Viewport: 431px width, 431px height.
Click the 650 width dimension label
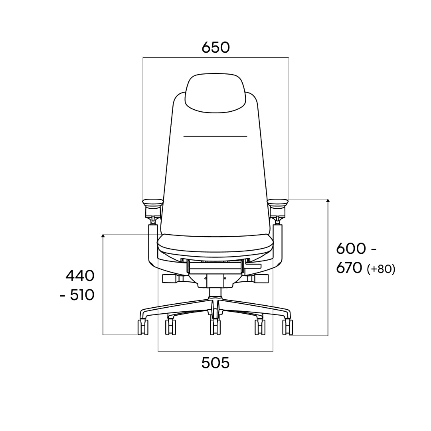(x=215, y=47)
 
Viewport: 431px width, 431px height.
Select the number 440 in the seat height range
(x=80, y=276)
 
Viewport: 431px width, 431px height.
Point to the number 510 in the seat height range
(x=82, y=295)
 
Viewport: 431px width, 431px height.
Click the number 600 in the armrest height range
(x=351, y=249)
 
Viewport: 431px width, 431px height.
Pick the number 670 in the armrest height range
(x=349, y=268)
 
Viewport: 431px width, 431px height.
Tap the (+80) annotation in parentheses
(x=381, y=269)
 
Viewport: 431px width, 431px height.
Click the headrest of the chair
(x=215, y=93)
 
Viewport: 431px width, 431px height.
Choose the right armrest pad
(x=278, y=204)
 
